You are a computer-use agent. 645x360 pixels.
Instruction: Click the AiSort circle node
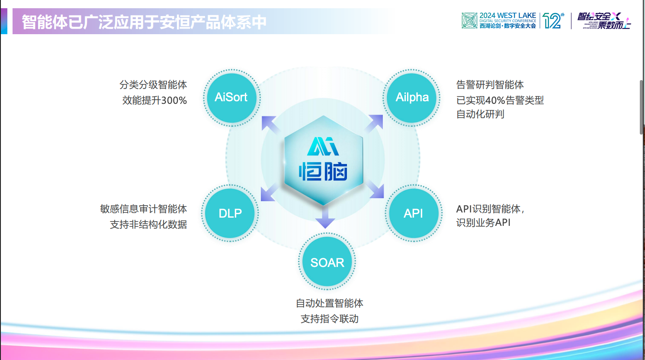tap(231, 97)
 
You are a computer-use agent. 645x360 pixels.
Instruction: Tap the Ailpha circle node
tap(412, 97)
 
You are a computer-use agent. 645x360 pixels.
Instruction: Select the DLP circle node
tap(230, 213)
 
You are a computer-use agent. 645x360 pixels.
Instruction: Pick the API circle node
tap(414, 213)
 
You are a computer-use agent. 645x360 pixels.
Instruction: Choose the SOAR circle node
tap(327, 262)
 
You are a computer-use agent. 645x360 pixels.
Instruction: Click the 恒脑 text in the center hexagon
tap(323, 172)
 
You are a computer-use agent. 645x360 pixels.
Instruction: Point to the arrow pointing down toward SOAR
tap(325, 218)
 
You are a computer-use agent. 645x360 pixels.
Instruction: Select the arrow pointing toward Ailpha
tap(375, 123)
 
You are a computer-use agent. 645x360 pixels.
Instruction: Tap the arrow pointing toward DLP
tap(270, 193)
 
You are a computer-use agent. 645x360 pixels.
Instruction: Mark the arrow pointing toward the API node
tap(375, 190)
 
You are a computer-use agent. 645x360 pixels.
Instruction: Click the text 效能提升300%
tap(154, 100)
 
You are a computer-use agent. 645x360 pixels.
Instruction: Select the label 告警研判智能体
tap(490, 85)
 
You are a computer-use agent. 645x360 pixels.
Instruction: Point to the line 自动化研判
tap(480, 114)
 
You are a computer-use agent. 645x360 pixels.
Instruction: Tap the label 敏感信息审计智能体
tap(144, 209)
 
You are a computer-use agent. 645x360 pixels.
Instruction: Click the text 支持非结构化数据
tap(148, 225)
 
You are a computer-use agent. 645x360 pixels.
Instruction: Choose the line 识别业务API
tap(483, 222)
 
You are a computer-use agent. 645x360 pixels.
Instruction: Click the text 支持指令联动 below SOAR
tap(330, 319)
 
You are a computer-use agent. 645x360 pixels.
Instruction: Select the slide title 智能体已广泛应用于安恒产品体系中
tap(144, 22)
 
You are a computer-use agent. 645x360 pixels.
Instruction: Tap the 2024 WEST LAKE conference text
tap(507, 16)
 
